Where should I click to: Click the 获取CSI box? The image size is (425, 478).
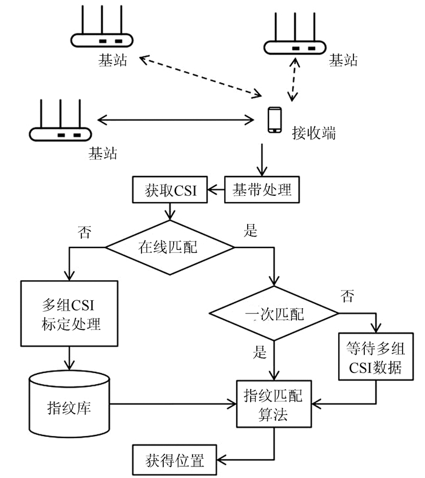click(x=170, y=190)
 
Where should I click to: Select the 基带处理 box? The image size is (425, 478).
click(x=262, y=190)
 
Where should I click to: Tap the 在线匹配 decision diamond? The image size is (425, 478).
click(x=170, y=247)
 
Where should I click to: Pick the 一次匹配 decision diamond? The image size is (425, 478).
click(x=274, y=314)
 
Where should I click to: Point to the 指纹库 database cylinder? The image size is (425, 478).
click(x=69, y=405)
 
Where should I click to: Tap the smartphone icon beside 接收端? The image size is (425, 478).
click(x=274, y=120)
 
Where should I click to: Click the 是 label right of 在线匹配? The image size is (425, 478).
click(x=250, y=231)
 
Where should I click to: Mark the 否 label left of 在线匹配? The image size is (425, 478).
click(x=85, y=232)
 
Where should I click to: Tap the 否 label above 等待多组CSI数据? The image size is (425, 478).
click(x=347, y=297)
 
